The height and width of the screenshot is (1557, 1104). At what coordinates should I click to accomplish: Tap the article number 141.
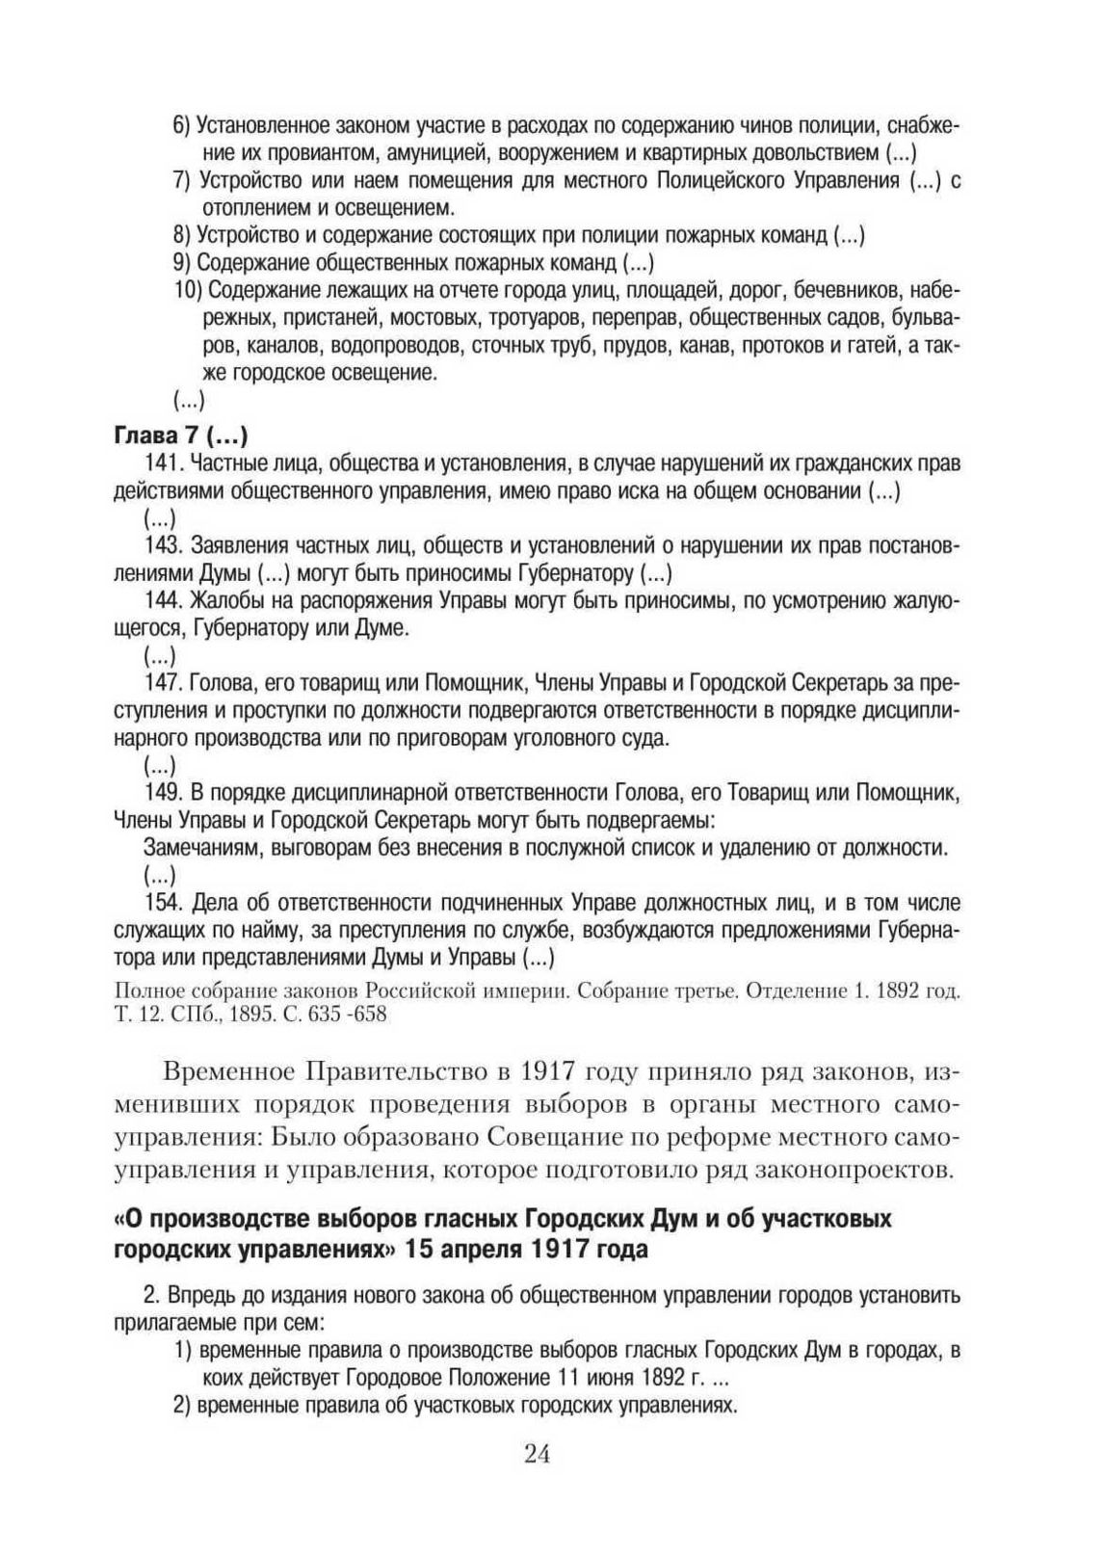coord(161,463)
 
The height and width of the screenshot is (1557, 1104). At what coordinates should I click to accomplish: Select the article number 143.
coord(161,545)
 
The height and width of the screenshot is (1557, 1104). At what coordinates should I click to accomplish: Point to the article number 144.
coord(161,601)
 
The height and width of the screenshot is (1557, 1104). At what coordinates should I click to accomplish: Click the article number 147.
coord(161,684)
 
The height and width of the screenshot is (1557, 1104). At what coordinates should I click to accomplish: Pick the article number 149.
coord(161,793)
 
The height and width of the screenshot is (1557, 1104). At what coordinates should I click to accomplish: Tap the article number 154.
coord(161,903)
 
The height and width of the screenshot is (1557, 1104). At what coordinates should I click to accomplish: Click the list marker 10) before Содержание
coord(188,290)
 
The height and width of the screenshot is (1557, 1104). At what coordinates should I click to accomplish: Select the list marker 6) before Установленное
coord(183,125)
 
